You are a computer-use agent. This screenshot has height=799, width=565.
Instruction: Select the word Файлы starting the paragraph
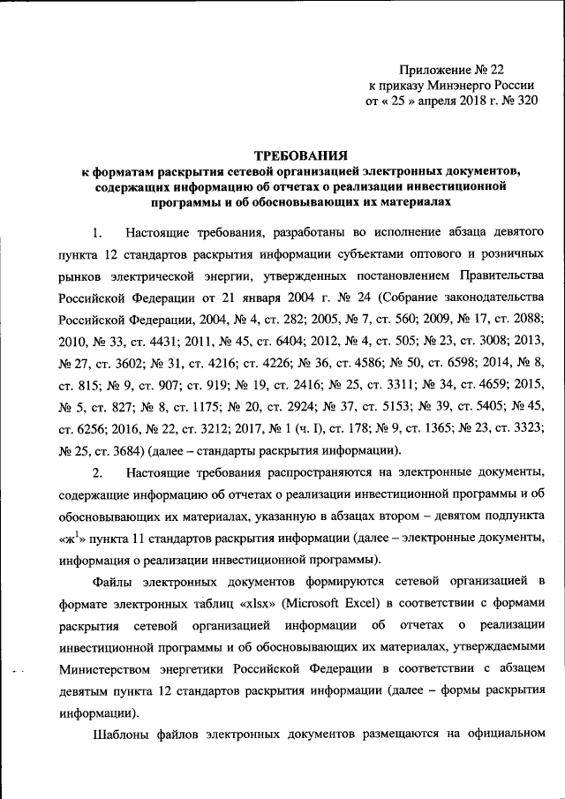pyautogui.click(x=114, y=583)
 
